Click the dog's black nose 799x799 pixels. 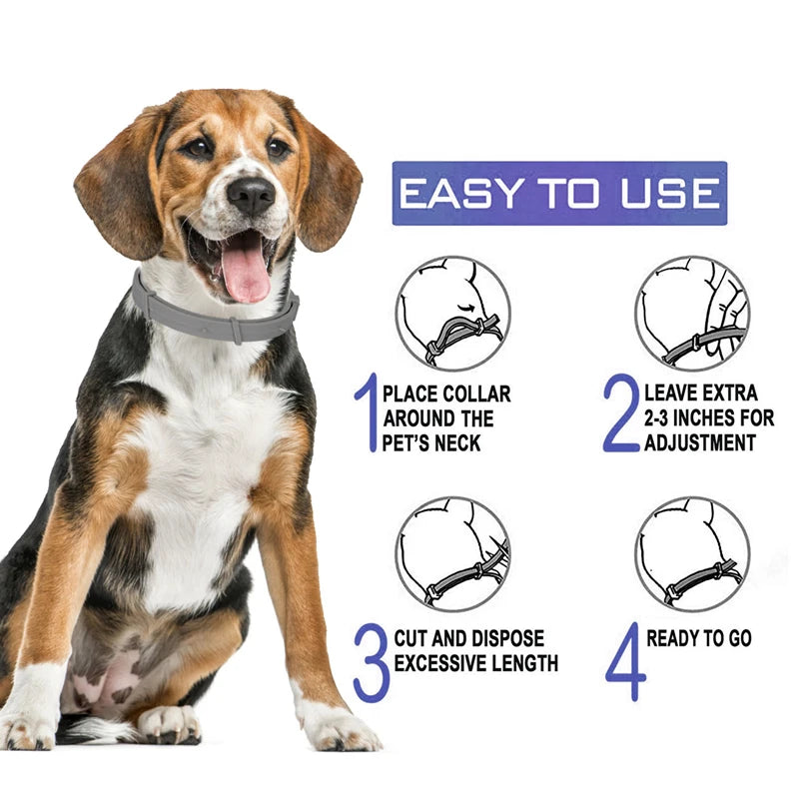pos(250,194)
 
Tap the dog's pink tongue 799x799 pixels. pos(246,273)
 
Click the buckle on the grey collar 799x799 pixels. pos(237,329)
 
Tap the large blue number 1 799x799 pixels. pos(366,412)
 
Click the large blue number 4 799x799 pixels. pos(624,662)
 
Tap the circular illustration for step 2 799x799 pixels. pos(692,313)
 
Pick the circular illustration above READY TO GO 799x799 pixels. pos(692,554)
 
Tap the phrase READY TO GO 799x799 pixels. pos(699,638)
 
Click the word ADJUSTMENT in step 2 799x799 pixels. pos(700,441)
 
